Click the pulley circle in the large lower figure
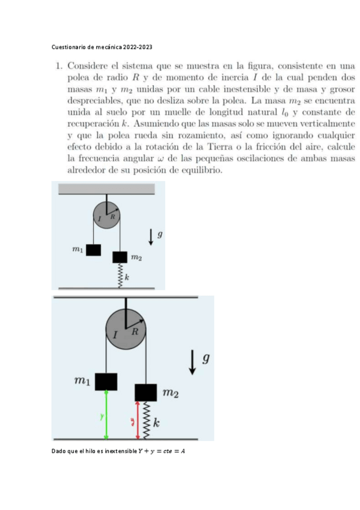pos(126,328)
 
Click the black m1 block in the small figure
pos(93,250)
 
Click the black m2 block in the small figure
pos(120,257)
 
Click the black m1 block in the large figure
pos(106,381)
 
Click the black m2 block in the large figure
pos(146,392)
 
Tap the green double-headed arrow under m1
pos(106,414)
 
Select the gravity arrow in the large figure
pos(192,363)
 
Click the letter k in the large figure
pos(157,423)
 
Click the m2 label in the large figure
pos(171,394)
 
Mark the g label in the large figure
pos(206,359)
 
